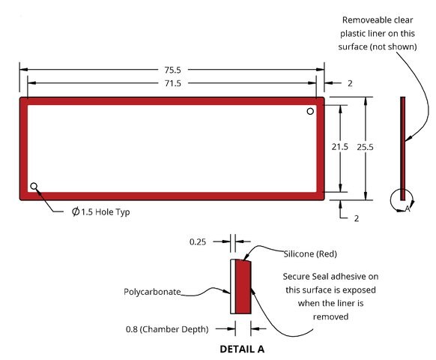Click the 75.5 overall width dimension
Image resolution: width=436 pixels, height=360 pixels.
point(172,70)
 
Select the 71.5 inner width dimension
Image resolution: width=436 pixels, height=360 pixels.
point(172,83)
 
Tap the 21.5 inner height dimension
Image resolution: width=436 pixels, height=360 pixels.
point(340,147)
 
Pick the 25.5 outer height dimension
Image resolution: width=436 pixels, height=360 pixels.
point(365,147)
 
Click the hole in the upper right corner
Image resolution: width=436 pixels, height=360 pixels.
point(310,111)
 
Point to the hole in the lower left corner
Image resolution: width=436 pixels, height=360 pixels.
point(34,186)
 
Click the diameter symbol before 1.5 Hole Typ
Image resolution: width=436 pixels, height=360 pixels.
point(76,211)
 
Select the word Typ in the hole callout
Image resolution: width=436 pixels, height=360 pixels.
point(123,212)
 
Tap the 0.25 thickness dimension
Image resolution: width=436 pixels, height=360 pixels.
point(198,241)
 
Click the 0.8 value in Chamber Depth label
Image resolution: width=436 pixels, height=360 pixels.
point(132,329)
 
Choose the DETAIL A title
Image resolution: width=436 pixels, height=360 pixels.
point(242,349)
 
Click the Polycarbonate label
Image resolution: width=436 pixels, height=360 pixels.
point(152,292)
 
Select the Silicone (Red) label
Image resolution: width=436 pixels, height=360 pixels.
point(310,254)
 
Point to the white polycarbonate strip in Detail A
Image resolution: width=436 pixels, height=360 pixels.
point(233,286)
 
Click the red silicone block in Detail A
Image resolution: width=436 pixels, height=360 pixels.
point(243,286)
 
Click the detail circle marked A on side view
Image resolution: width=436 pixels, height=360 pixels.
point(390,200)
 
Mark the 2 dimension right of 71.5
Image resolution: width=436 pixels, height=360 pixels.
point(350,83)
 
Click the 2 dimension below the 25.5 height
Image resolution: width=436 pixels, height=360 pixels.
point(356,218)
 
